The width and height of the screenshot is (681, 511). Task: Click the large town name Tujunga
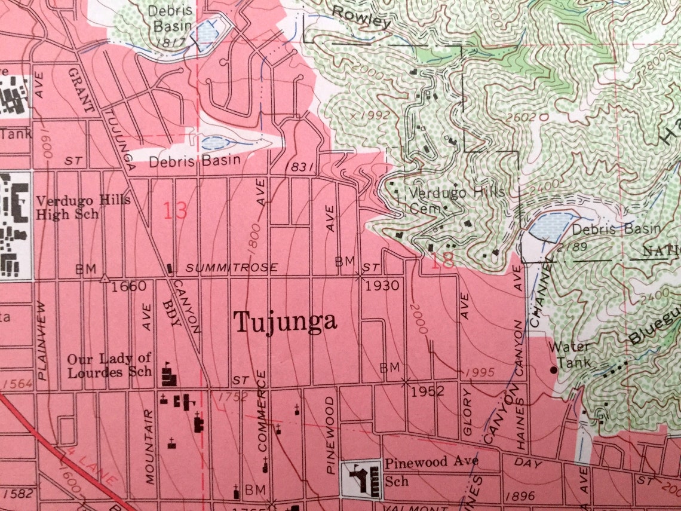coord(285,322)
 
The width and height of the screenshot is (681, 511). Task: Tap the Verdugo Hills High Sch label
coord(83,207)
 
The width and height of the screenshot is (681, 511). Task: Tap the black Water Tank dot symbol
coord(553,370)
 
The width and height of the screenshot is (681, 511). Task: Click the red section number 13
coord(174,210)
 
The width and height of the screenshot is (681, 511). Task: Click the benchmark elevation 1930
coord(382,286)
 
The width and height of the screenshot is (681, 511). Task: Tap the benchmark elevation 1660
coord(128,286)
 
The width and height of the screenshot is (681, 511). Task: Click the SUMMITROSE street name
coord(231,267)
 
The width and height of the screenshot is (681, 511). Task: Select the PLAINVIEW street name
coord(41,340)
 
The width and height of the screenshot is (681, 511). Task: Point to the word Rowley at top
coord(361,18)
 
